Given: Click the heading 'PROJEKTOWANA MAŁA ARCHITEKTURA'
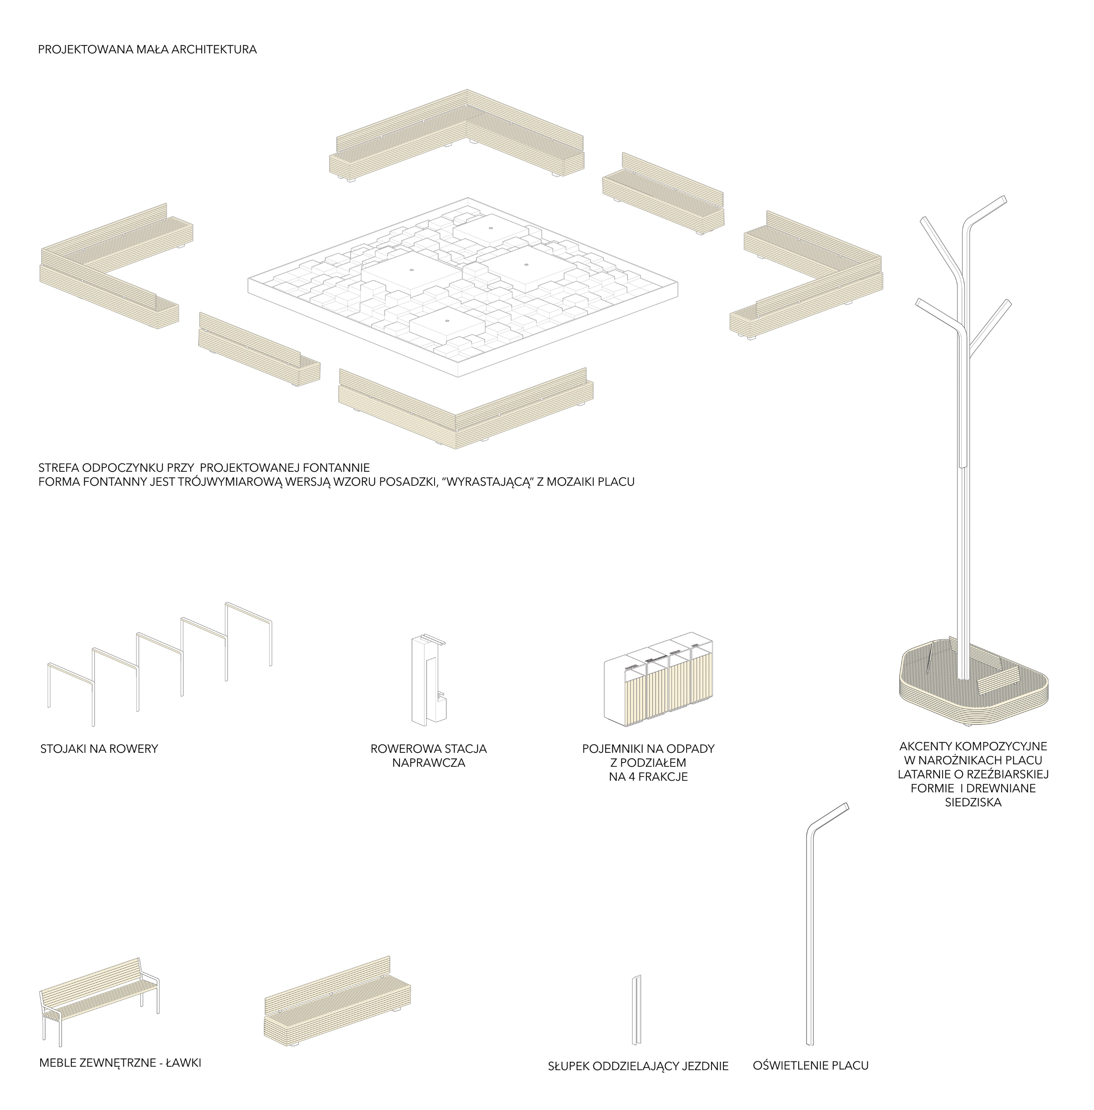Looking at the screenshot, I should click(x=147, y=50).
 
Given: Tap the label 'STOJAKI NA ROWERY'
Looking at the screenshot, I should click(x=99, y=748).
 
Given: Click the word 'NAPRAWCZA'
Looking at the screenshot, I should click(x=428, y=763).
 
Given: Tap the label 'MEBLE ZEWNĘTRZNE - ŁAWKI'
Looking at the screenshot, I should click(x=120, y=1063).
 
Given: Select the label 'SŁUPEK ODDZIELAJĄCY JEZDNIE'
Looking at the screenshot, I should click(x=638, y=1066).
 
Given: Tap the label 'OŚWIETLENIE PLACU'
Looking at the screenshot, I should click(x=810, y=1066).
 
